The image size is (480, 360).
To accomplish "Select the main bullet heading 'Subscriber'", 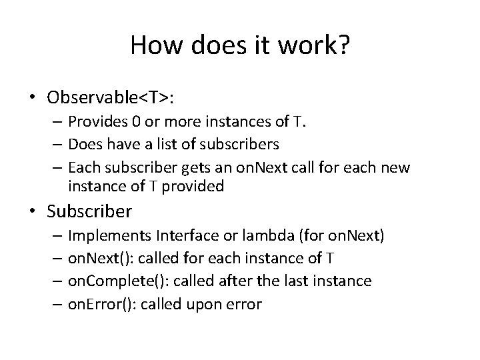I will pyautogui.click(x=90, y=212).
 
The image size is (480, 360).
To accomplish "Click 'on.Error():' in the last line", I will pyautogui.click(x=99, y=304).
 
